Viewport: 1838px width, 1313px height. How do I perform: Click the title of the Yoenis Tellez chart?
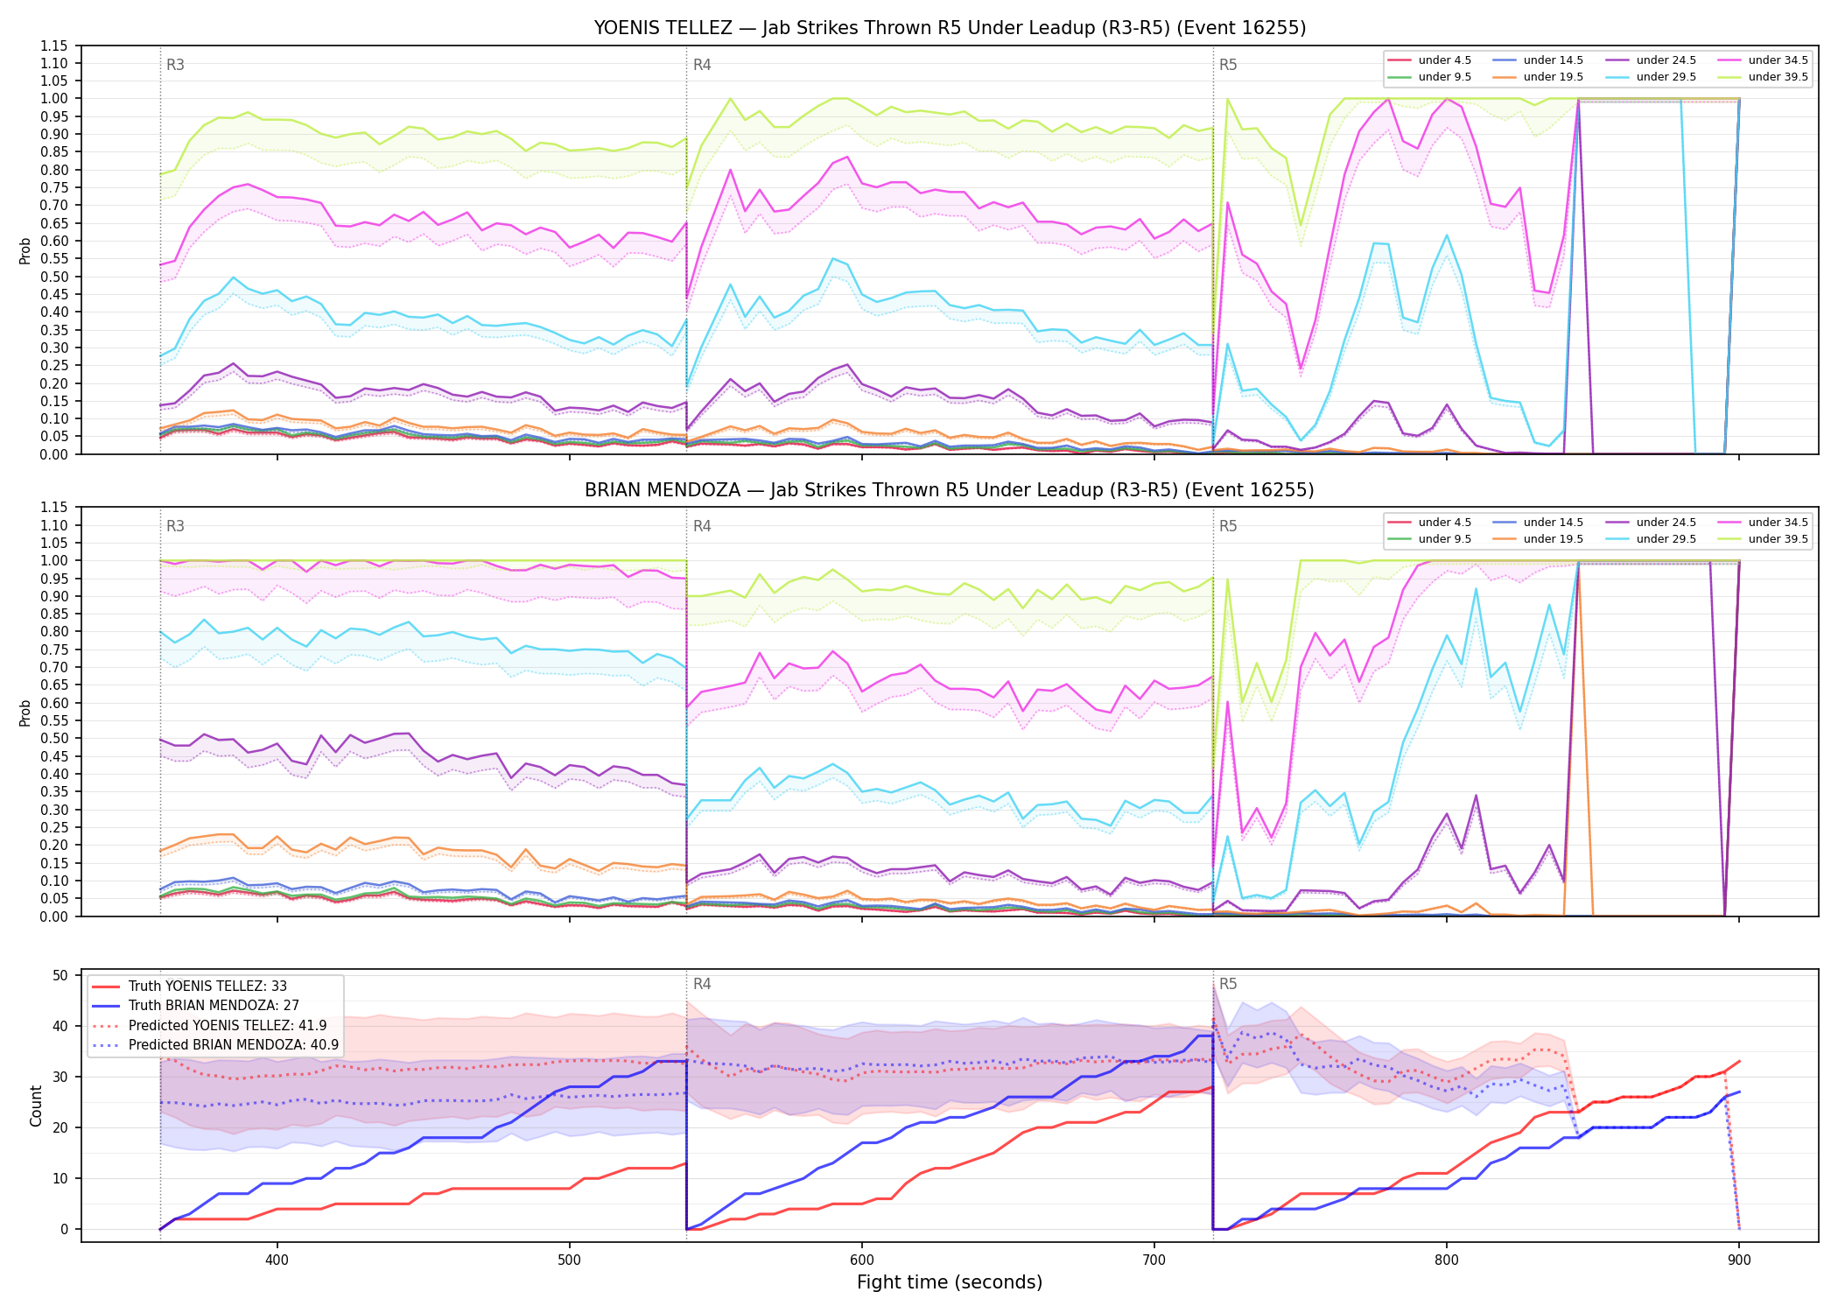click(950, 28)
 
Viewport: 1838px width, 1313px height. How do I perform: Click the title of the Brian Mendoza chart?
click(950, 490)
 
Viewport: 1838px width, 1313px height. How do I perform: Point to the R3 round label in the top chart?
click(175, 65)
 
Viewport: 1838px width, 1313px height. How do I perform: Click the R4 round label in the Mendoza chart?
click(702, 526)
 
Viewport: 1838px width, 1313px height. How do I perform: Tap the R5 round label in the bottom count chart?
click(1228, 984)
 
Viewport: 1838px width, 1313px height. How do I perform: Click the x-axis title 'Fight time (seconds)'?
click(950, 1282)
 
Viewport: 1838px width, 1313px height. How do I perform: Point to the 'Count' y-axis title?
click(36, 1106)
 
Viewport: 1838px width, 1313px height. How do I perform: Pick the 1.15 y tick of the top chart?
click(54, 46)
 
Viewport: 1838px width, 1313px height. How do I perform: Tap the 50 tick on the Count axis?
click(60, 975)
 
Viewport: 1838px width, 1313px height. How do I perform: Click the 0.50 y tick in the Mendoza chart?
click(54, 738)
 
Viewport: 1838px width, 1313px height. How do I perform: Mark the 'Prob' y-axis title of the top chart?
click(25, 250)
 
